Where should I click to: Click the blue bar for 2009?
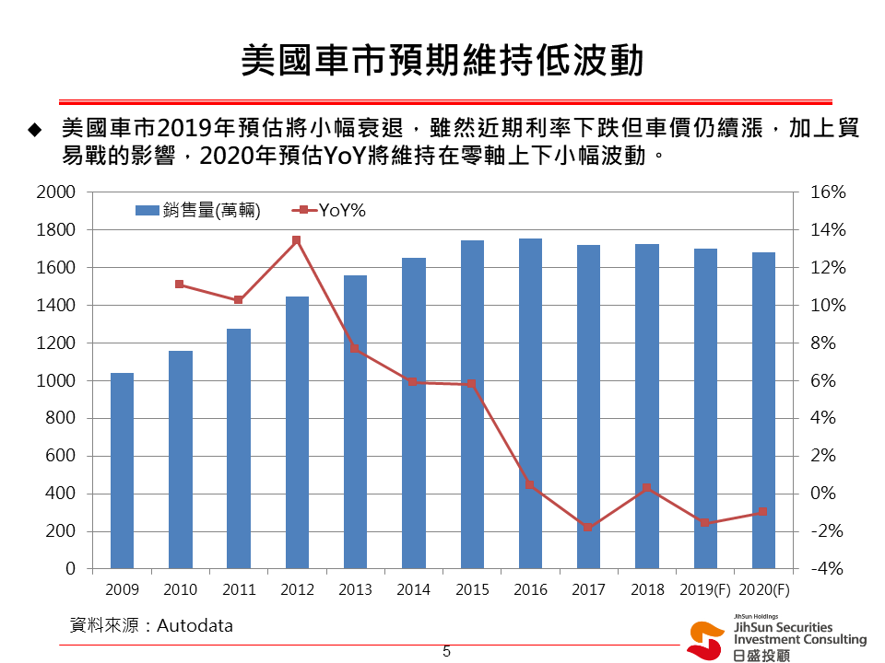[x=122, y=471]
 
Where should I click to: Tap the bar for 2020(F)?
[x=763, y=410]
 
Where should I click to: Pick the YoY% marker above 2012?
[x=297, y=240]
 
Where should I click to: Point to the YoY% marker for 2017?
[x=588, y=528]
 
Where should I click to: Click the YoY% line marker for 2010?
[x=180, y=285]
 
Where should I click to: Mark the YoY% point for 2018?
[x=647, y=488]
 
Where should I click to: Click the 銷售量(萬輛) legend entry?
[x=198, y=211]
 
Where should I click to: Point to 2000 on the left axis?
[x=56, y=192]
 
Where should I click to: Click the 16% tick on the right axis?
[x=827, y=192]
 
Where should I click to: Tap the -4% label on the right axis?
[x=827, y=569]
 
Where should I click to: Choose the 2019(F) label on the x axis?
[x=704, y=590]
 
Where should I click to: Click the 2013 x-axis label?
[x=355, y=590]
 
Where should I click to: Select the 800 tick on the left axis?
[x=62, y=418]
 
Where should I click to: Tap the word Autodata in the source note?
[x=195, y=626]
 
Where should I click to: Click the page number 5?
[x=446, y=652]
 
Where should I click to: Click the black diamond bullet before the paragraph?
[x=35, y=130]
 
